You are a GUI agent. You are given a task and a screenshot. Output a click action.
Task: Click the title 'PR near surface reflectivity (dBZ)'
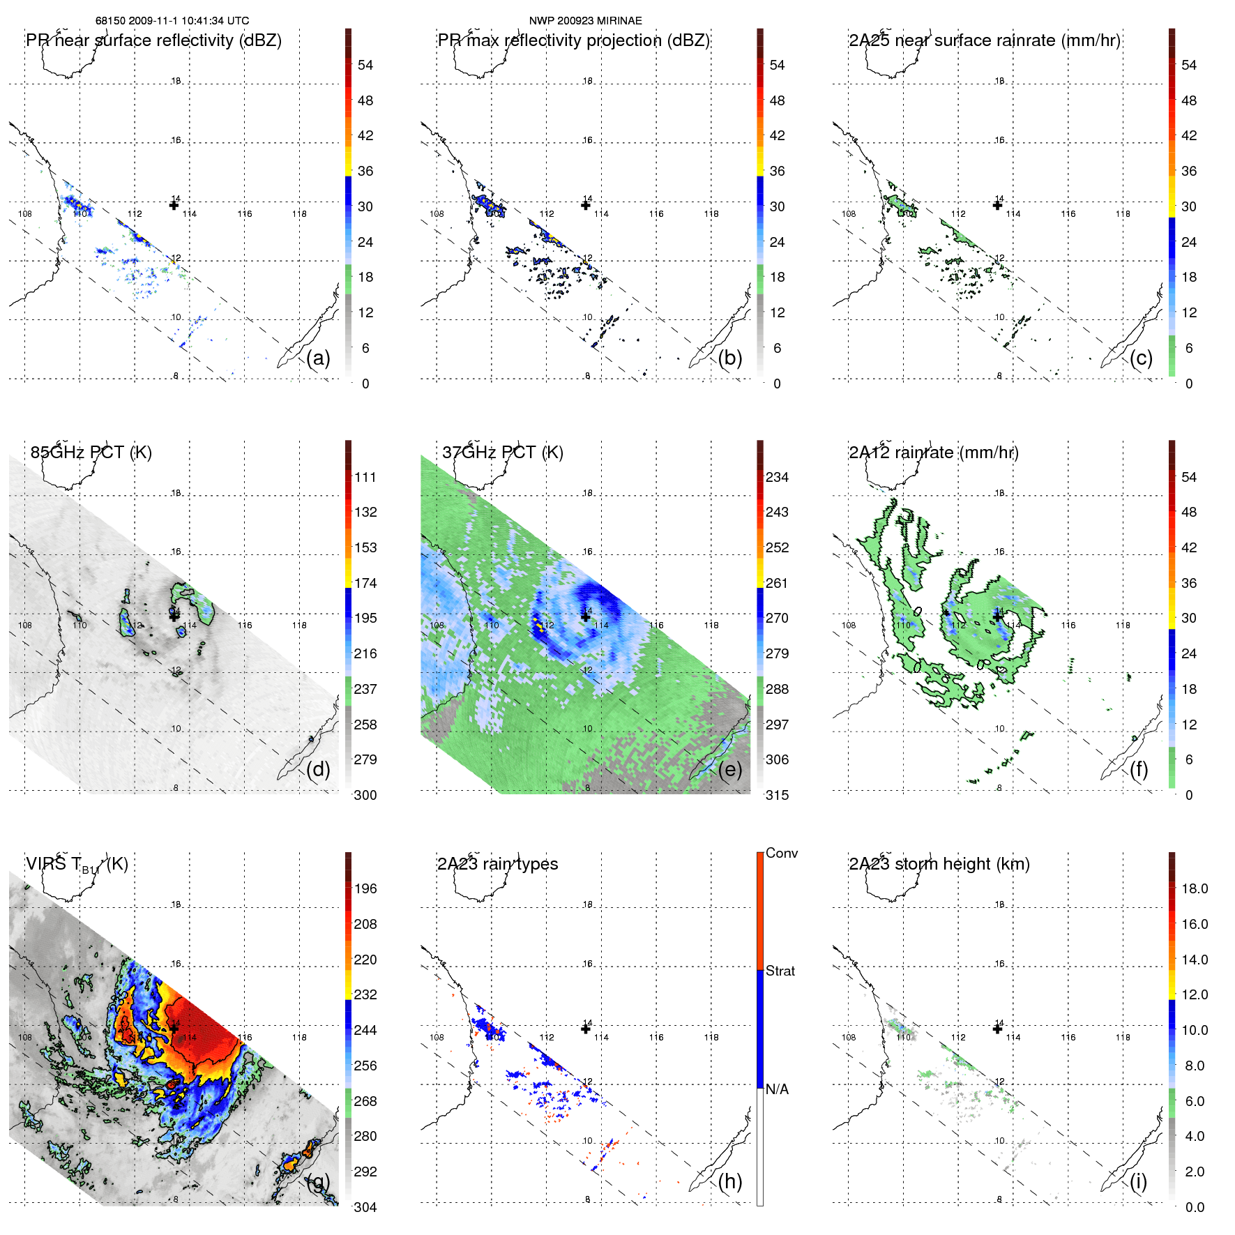tap(153, 40)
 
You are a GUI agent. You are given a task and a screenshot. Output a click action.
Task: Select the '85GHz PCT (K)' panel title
tap(91, 452)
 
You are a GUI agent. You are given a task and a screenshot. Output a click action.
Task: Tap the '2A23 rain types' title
tap(497, 864)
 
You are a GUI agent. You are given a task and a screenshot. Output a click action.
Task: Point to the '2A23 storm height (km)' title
tap(939, 864)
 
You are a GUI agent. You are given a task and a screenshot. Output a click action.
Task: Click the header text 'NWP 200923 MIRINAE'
tap(585, 21)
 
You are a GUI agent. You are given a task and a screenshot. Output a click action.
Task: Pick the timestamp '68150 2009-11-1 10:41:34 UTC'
tap(172, 21)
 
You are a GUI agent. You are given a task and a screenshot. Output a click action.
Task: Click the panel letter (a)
tap(318, 358)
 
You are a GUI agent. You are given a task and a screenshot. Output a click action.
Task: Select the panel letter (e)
tap(729, 769)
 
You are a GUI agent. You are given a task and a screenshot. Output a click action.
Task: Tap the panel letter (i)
tap(1138, 1181)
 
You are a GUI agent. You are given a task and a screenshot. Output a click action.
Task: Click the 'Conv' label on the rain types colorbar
tap(781, 853)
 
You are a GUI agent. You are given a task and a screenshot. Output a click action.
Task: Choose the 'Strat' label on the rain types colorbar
tap(780, 971)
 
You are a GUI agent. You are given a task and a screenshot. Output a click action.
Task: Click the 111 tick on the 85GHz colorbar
tap(365, 477)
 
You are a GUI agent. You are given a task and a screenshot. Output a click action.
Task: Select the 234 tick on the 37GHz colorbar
tap(777, 477)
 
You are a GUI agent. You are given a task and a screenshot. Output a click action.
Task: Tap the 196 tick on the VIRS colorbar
tap(365, 888)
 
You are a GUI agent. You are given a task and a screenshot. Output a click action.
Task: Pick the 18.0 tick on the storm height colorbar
tap(1194, 888)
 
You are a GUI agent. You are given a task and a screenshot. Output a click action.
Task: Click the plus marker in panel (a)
tap(174, 205)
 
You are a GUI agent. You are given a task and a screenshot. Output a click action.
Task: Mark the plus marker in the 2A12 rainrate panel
tap(998, 616)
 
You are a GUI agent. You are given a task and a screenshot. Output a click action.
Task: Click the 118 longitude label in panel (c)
tap(1123, 213)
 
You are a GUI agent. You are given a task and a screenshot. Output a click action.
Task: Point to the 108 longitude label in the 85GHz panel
tap(25, 625)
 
